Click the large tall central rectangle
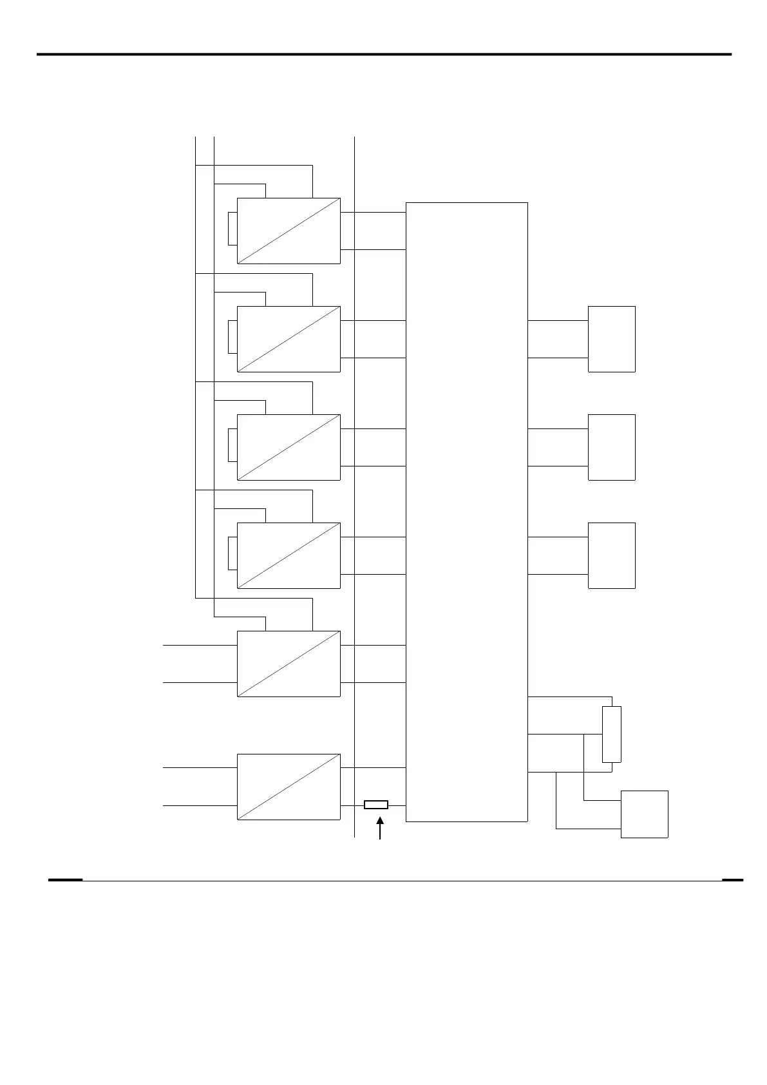point(466,512)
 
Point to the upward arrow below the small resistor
point(380,828)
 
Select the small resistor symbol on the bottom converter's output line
point(376,804)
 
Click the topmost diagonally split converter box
point(289,231)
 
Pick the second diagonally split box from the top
point(289,339)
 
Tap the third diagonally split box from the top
point(289,447)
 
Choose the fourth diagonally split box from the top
point(289,555)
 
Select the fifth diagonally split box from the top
point(289,664)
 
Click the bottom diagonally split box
point(289,786)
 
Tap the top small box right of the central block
point(611,339)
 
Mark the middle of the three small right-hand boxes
point(611,447)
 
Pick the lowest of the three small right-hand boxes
point(611,555)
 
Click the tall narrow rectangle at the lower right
point(611,734)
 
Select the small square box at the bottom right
point(644,814)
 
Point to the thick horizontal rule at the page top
point(384,55)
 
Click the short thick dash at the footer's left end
point(65,879)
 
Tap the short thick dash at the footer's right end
point(732,879)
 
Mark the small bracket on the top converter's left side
point(232,229)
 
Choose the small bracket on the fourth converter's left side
point(232,553)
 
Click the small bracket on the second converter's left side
point(232,337)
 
